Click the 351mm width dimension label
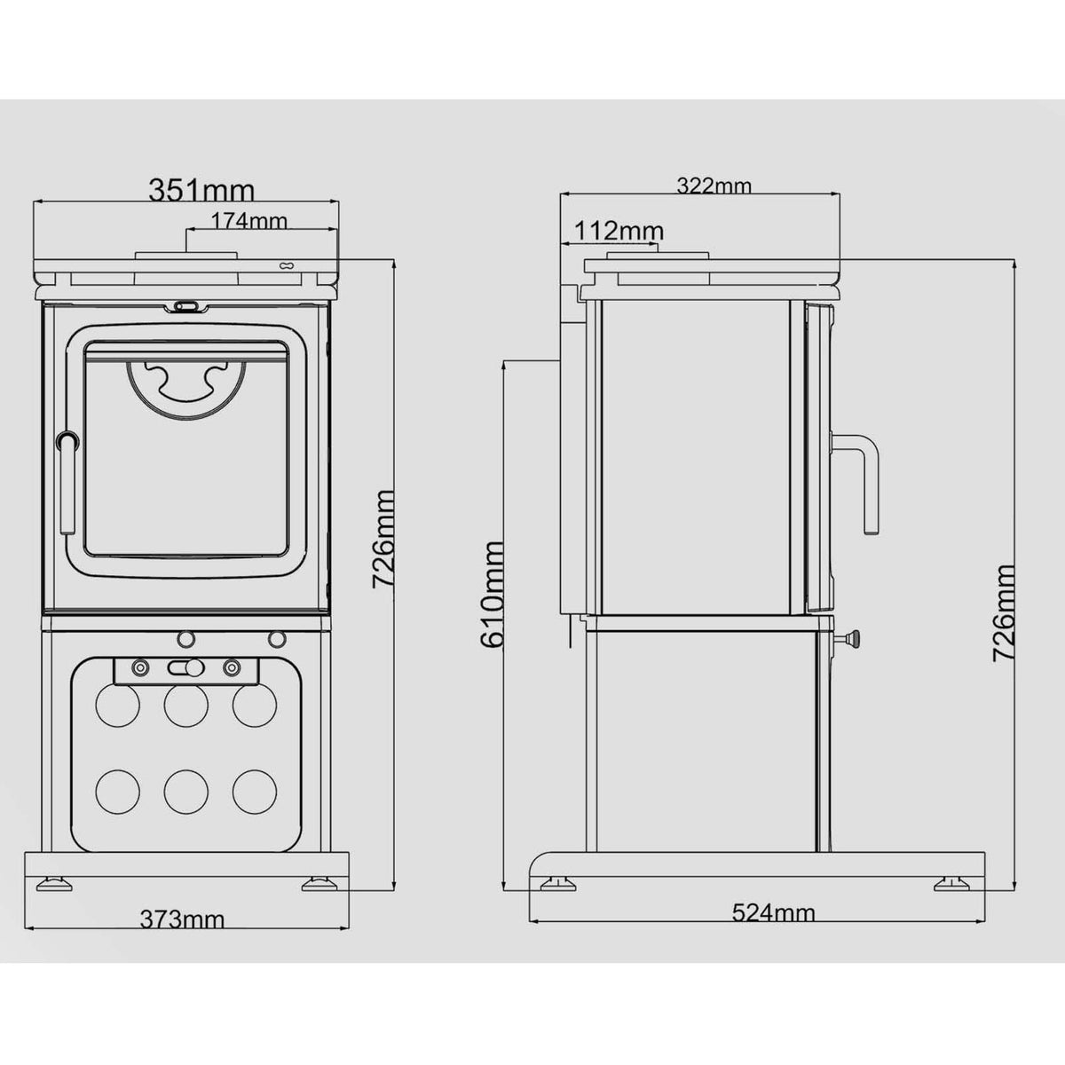click(x=201, y=190)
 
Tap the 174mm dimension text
click(x=249, y=221)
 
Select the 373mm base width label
click(x=183, y=919)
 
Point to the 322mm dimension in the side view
click(x=714, y=185)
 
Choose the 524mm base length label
click(x=774, y=912)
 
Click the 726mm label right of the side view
click(x=1004, y=612)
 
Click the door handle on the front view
click(x=68, y=481)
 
